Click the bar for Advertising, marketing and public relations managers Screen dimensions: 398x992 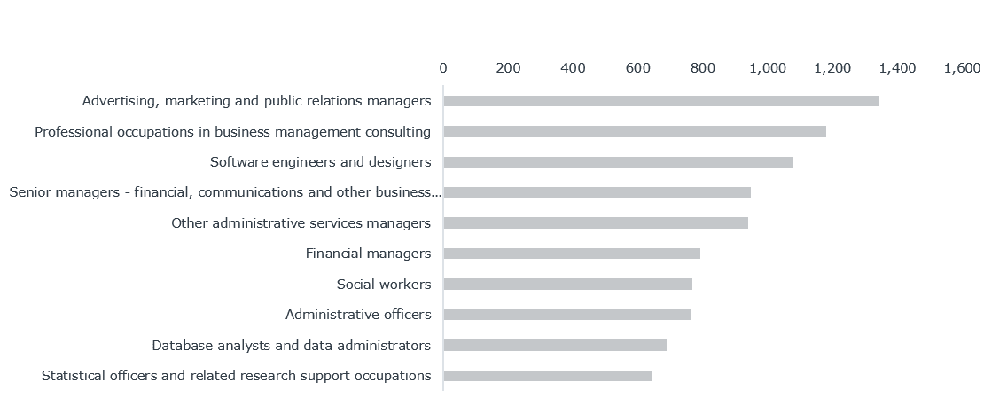(x=660, y=101)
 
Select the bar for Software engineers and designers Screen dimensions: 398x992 (x=618, y=162)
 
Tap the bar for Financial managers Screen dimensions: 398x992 (x=572, y=254)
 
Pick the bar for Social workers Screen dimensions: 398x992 (x=567, y=284)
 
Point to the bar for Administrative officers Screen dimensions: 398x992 (x=567, y=315)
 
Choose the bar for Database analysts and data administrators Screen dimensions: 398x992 (x=555, y=345)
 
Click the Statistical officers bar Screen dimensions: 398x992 (x=548, y=376)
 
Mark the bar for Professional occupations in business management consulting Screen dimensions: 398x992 (x=635, y=131)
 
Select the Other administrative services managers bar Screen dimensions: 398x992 (x=596, y=222)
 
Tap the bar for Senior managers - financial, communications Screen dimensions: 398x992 (x=597, y=192)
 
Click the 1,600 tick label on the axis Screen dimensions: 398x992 (x=962, y=68)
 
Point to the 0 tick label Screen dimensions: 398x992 (x=443, y=68)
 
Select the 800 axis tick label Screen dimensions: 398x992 (x=703, y=68)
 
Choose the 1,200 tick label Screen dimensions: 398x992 (x=832, y=68)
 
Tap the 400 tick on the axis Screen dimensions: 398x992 (x=573, y=68)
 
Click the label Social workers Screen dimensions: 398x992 (x=383, y=285)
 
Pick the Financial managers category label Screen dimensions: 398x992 (x=368, y=254)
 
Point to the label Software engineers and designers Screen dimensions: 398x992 (x=320, y=162)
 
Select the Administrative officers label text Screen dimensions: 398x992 (x=358, y=315)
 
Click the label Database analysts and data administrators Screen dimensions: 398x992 (x=291, y=345)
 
